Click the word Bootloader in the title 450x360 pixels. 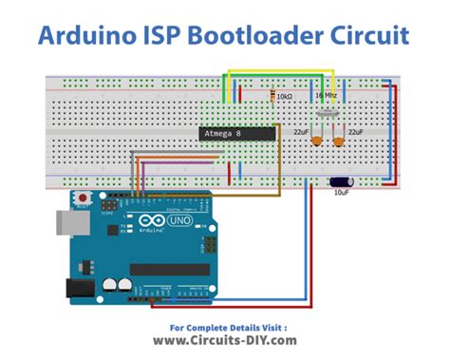(x=240, y=37)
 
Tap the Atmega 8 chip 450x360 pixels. (x=236, y=135)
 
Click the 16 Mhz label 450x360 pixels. (x=326, y=97)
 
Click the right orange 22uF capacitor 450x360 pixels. (x=341, y=141)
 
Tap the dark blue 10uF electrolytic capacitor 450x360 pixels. (x=339, y=179)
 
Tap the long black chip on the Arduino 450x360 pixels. (x=169, y=269)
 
